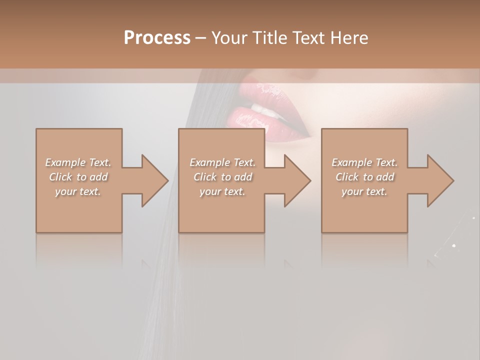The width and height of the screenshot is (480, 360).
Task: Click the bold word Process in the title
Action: coord(157,38)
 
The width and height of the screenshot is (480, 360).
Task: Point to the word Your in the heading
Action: coord(229,38)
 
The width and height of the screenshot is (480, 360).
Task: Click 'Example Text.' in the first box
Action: coord(78,162)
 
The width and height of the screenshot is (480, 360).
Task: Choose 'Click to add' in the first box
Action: coord(78,177)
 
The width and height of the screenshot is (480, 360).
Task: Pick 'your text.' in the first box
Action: coord(78,191)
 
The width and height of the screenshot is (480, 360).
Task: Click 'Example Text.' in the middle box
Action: coord(222,162)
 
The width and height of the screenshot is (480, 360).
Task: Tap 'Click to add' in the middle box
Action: coord(222,177)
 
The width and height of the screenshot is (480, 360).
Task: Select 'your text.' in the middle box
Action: coord(222,191)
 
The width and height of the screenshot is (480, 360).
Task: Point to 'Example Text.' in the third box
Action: coord(364,162)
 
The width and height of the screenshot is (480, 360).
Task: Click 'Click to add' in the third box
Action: coord(364,177)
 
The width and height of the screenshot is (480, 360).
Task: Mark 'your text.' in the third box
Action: coord(364,191)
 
